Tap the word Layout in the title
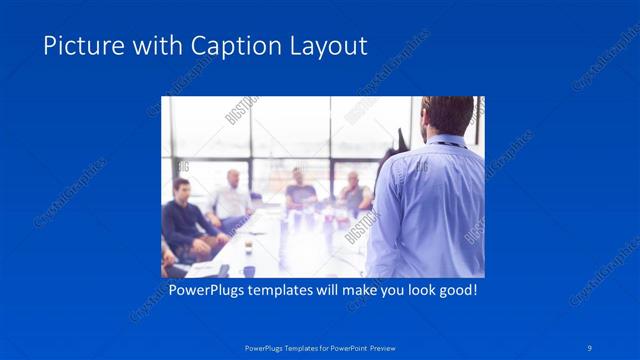[333, 46]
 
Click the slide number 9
[591, 346]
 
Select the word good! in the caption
[457, 290]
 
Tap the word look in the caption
[414, 290]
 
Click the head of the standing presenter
[447, 117]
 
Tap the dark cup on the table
[248, 270]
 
